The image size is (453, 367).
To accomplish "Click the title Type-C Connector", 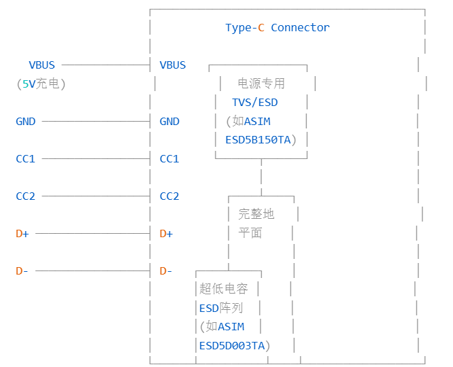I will [278, 28].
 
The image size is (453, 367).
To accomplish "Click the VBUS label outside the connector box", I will [41, 65].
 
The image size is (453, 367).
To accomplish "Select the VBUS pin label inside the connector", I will [172, 65].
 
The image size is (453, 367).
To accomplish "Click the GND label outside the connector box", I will [26, 122].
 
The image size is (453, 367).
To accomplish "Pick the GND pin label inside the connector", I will [169, 122].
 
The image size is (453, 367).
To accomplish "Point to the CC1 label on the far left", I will [26, 159].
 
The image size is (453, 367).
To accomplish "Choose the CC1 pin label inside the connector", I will [169, 159].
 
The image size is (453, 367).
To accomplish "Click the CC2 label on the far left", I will [26, 196].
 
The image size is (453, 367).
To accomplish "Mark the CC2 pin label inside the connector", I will [169, 196].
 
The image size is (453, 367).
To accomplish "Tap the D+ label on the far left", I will [22, 234].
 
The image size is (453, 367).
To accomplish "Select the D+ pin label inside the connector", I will [166, 234].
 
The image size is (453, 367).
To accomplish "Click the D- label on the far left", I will [22, 271].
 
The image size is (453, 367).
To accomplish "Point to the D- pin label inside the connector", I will [166, 271].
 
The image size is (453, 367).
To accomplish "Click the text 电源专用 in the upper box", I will [261, 84].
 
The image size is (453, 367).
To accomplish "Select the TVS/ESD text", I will [255, 103].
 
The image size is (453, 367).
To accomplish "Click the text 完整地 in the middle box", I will [256, 215].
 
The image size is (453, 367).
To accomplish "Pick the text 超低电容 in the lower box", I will [224, 290].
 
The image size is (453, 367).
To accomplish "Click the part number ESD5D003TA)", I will [235, 346].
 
